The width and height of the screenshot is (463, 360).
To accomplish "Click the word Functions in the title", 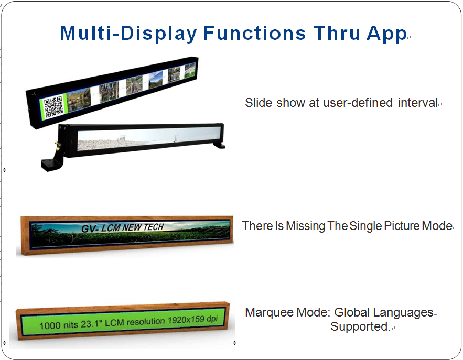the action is pos(254,33).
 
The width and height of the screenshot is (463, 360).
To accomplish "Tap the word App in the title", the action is pos(387,34).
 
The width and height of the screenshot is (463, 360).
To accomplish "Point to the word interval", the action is pos(418,103).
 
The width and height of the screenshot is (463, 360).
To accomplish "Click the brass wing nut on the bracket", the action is pos(57,146).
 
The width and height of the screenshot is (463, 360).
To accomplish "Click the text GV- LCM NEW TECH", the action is pos(123,227).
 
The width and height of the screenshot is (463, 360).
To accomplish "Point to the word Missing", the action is pos(305,226).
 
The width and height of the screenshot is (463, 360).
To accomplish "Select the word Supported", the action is pos(360,326).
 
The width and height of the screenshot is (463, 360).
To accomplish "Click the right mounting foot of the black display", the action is pos(219,145).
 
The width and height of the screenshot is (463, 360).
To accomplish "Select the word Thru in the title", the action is pos(337,33).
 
